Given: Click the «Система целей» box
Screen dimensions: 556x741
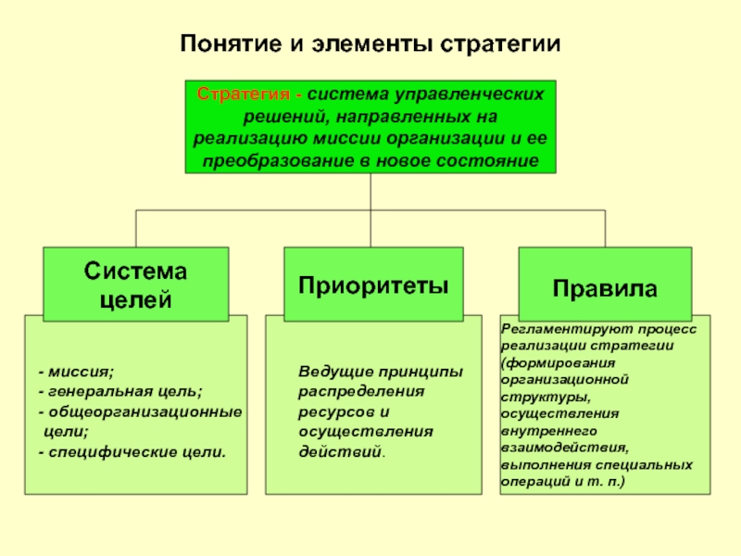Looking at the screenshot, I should click(x=136, y=284).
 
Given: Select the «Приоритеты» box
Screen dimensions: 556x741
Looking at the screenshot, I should click(x=373, y=283).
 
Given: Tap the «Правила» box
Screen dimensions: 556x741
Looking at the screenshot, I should click(x=605, y=287).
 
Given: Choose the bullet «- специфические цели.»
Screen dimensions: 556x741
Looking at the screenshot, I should click(x=131, y=451).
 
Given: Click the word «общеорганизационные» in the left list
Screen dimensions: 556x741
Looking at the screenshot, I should click(x=144, y=411).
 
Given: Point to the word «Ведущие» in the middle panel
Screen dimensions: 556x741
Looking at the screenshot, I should click(x=328, y=373).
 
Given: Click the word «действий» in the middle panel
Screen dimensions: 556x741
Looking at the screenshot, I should click(x=339, y=451).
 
